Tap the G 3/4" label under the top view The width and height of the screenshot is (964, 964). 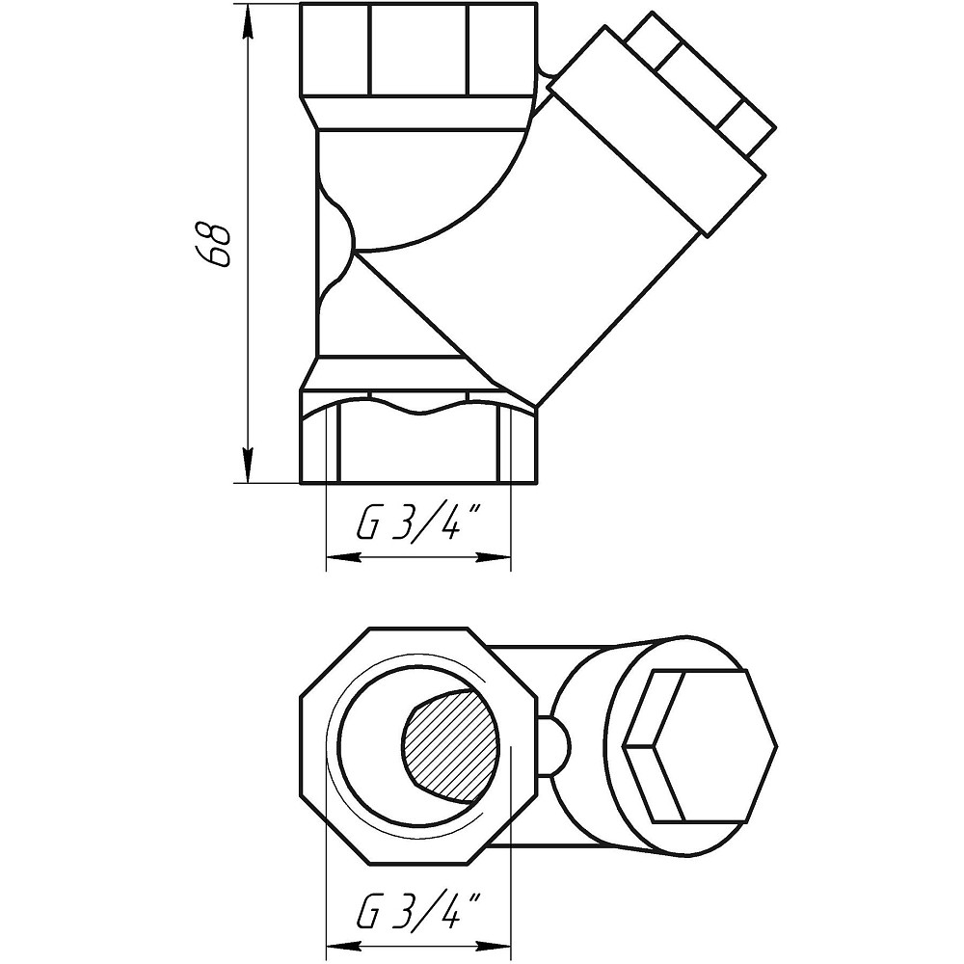(419, 911)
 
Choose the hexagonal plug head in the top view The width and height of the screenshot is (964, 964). (699, 747)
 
